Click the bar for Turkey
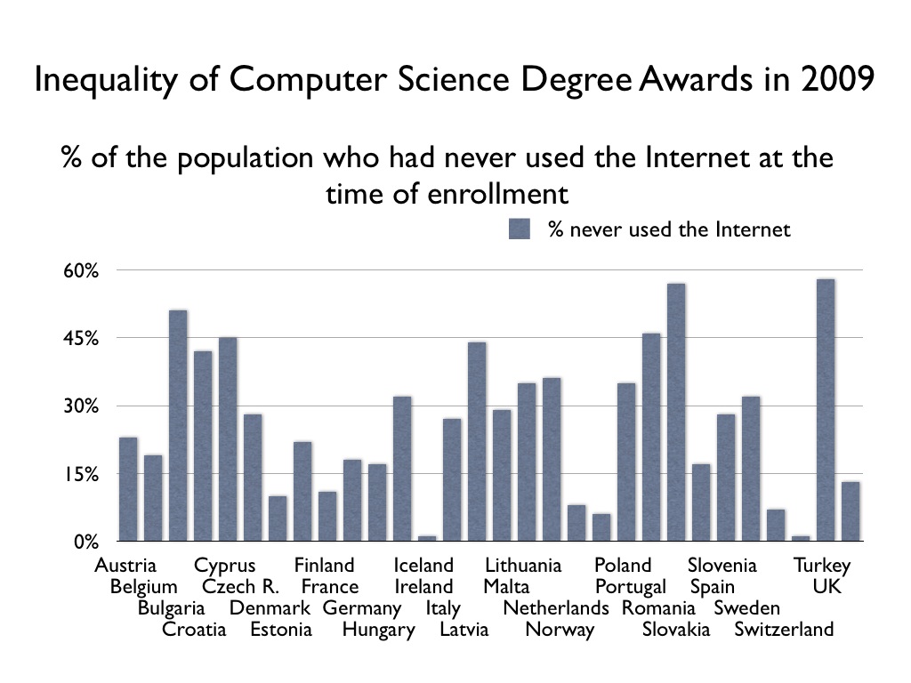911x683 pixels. point(825,410)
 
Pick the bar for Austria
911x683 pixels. point(128,488)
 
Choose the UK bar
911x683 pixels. point(851,510)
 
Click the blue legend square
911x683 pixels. point(520,229)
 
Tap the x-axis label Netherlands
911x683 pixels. point(556,608)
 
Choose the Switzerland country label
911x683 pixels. point(784,630)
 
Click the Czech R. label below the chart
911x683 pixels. point(240,587)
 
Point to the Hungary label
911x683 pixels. point(378,630)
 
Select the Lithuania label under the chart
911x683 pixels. point(523,566)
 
